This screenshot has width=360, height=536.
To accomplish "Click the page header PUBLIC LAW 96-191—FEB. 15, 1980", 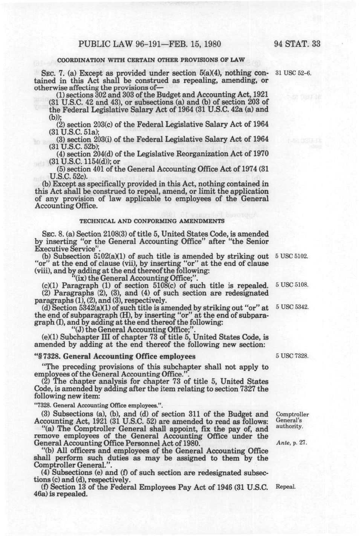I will point(149,44).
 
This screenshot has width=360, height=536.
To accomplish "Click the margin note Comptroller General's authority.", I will point(293,420).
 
